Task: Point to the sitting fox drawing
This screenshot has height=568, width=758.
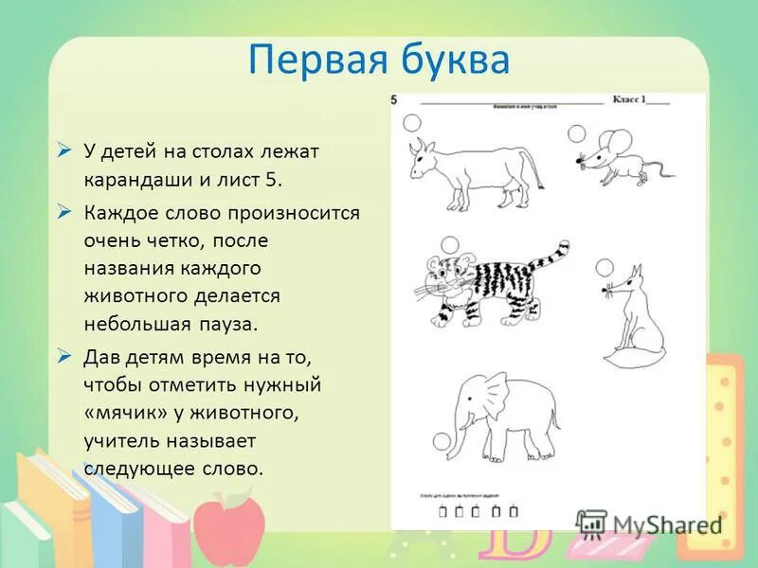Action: [630, 322]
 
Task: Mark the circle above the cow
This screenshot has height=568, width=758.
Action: [412, 122]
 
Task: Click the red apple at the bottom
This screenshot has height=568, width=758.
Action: [231, 531]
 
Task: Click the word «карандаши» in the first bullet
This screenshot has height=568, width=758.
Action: [130, 177]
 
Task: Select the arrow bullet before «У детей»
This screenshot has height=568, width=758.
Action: [64, 149]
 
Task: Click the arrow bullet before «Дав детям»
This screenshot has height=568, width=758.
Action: [64, 357]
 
